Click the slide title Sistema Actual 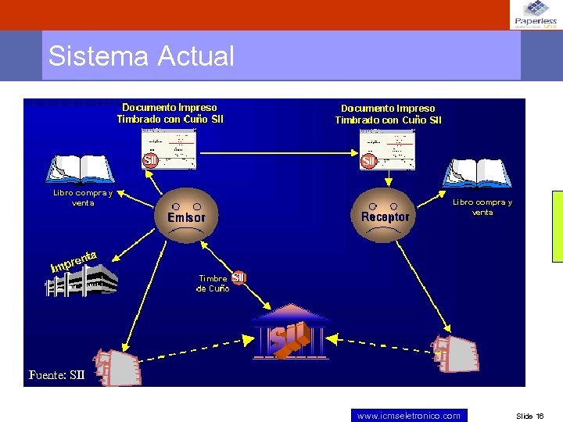[141, 56]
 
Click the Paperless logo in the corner [536, 15]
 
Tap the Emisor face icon [186, 213]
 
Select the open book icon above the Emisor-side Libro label [81, 170]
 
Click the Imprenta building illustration [81, 281]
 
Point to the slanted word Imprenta [74, 262]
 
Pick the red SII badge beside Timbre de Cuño [238, 277]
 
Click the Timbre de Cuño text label [213, 283]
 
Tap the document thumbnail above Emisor [169, 148]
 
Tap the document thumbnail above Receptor [387, 149]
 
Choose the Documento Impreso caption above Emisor [170, 113]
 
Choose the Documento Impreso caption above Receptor [388, 114]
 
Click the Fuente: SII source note [56, 374]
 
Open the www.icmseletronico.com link [408, 416]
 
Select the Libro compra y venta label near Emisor [83, 198]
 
